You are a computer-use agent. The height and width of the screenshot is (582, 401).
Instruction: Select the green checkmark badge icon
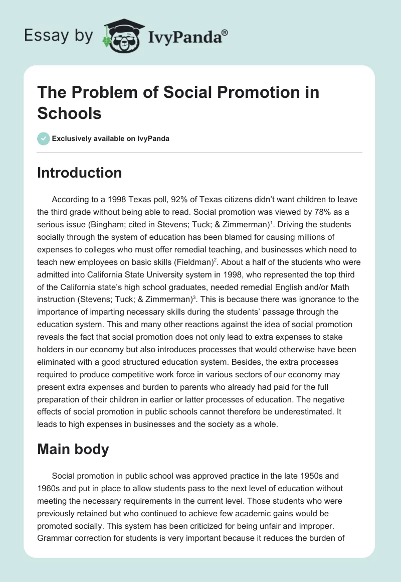pyautogui.click(x=44, y=138)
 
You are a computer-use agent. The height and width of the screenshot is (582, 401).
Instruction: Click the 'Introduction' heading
pyautogui.click(x=80, y=173)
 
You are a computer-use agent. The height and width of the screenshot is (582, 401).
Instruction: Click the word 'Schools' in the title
pyautogui.click(x=70, y=113)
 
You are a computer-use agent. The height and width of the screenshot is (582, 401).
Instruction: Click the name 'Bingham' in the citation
pyautogui.click(x=119, y=224)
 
